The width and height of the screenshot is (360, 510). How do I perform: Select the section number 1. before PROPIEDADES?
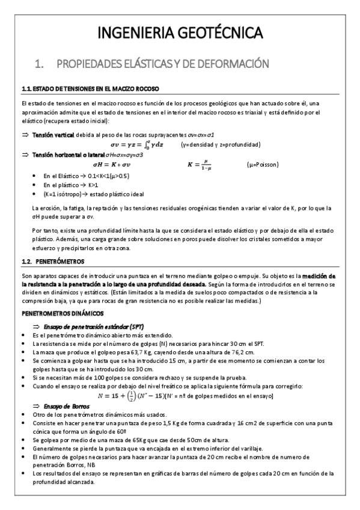[x=40, y=63]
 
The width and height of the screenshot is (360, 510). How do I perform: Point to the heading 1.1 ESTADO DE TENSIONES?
[x=90, y=88]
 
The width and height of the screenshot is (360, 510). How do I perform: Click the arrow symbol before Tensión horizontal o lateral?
[x=25, y=155]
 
